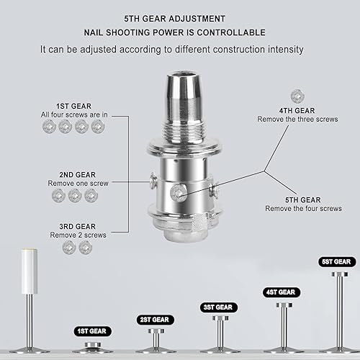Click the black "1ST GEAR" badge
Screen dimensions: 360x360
click(92, 331)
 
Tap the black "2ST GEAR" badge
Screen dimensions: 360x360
click(155, 320)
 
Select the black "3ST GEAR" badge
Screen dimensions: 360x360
click(218, 307)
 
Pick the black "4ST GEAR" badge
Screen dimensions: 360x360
click(281, 292)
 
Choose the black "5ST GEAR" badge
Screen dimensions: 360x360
click(337, 262)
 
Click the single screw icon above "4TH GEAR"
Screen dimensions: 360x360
click(297, 96)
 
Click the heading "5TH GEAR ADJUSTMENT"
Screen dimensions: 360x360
click(174, 19)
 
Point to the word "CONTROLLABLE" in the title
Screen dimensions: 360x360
click(231, 32)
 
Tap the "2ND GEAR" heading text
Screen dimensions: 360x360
click(78, 175)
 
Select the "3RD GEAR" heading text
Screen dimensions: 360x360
click(78, 227)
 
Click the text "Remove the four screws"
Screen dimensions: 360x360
click(303, 209)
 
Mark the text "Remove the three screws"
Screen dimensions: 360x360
click(297, 120)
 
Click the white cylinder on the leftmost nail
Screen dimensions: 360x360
click(30, 271)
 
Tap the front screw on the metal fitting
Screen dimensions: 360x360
click(178, 193)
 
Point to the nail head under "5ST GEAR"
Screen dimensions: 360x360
click(340, 274)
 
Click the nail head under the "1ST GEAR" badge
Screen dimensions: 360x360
click(93, 345)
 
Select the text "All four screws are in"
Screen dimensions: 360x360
click(74, 114)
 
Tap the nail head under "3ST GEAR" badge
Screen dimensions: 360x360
click(220, 318)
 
